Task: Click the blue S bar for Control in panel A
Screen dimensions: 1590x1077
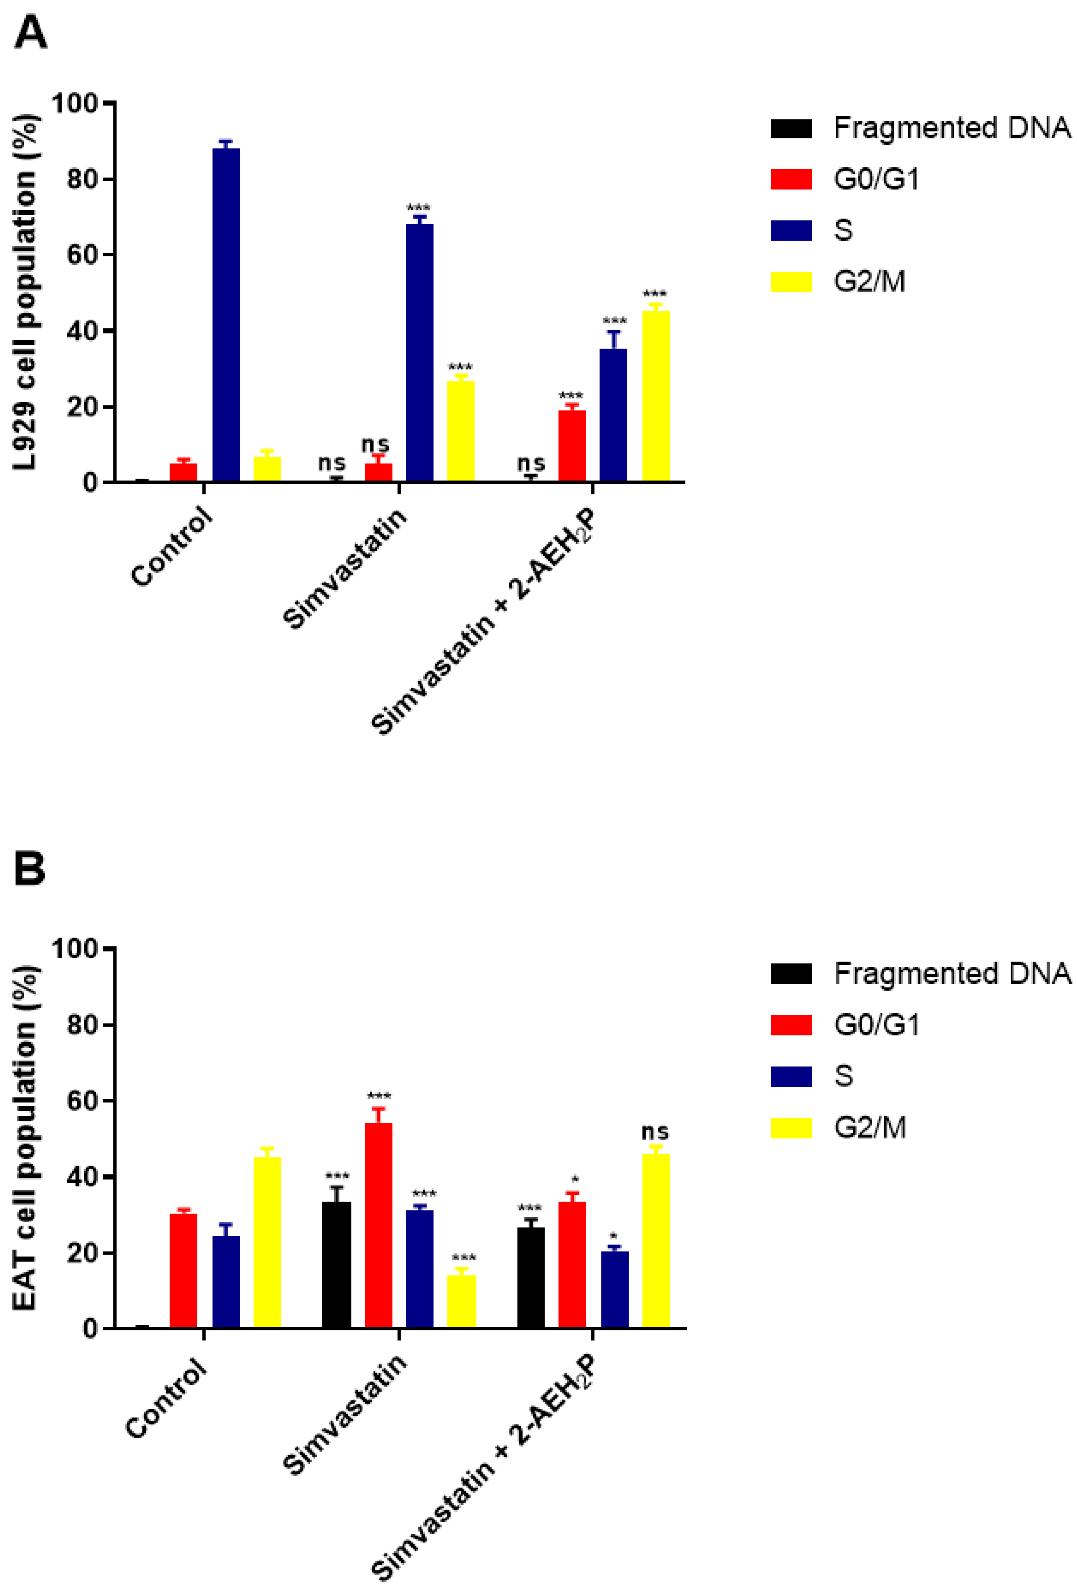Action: (x=226, y=315)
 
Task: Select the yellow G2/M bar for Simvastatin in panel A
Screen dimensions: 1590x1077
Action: (x=460, y=431)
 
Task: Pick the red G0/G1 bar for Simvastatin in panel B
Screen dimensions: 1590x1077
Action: (x=378, y=1225)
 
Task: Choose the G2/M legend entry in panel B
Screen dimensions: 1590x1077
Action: (x=869, y=1128)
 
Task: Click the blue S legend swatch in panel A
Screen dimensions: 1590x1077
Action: (x=791, y=231)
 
